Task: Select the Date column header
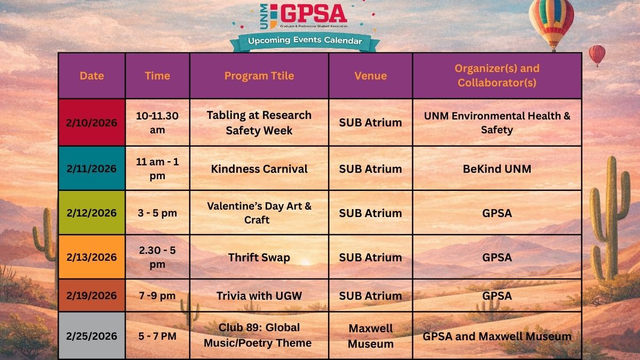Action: click(x=92, y=76)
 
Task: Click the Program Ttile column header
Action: click(x=259, y=76)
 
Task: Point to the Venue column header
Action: click(x=371, y=76)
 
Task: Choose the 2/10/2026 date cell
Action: click(x=92, y=123)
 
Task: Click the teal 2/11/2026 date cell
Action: click(x=92, y=169)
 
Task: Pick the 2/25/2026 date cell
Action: click(x=92, y=336)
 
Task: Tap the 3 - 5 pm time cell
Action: click(x=157, y=213)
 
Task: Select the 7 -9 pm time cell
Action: click(x=157, y=295)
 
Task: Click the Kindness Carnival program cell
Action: click(x=259, y=169)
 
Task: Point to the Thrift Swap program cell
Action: click(x=259, y=257)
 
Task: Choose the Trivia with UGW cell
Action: click(x=259, y=295)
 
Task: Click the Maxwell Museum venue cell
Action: click(x=371, y=336)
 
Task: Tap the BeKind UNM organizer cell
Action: click(x=497, y=169)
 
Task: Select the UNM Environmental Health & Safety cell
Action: click(x=497, y=123)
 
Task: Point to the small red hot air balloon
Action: click(x=597, y=54)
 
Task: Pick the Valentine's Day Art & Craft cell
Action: click(x=259, y=213)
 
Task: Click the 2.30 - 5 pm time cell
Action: click(x=157, y=257)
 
